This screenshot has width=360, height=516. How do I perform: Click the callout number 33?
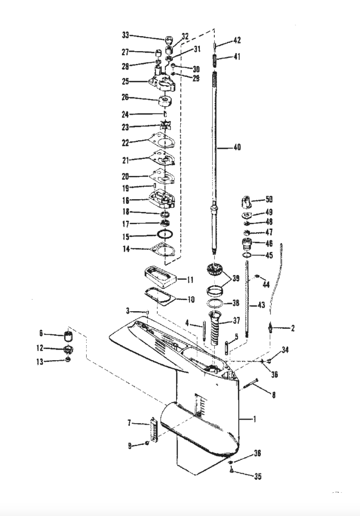point(125,35)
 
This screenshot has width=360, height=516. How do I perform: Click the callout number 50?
point(269,199)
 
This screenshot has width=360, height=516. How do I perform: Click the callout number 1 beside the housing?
point(254,420)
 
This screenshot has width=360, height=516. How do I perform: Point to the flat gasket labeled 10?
point(158,296)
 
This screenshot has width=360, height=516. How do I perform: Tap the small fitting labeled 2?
point(272,328)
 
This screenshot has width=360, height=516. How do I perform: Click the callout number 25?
point(125,82)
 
